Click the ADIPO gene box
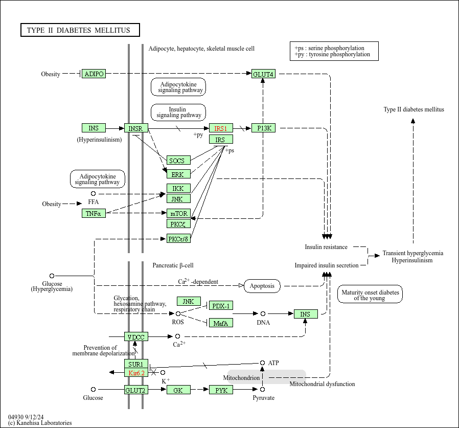tap(94, 74)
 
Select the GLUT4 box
tap(263, 74)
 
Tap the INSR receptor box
tap(136, 128)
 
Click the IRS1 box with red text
tap(220, 128)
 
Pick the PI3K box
tap(264, 128)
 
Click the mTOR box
tap(178, 213)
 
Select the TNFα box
tap(94, 213)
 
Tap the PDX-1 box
tap(221, 305)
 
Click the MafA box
tap(221, 323)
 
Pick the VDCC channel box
tap(136, 336)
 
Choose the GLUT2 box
tap(136, 390)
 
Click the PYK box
tap(221, 390)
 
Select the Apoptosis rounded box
tap(262, 286)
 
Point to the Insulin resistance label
tap(326, 247)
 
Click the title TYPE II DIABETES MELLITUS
tap(80, 30)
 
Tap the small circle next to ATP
tap(263, 363)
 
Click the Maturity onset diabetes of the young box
tap(370, 295)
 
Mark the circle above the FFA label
tap(93, 194)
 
